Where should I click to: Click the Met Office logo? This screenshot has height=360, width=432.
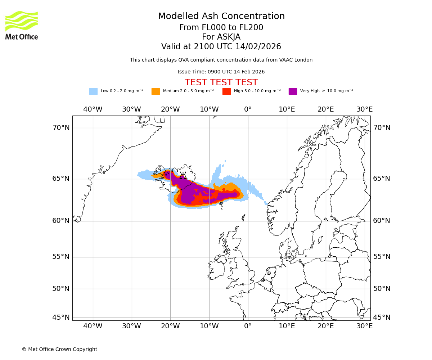22,25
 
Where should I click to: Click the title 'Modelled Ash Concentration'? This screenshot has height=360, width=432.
221,17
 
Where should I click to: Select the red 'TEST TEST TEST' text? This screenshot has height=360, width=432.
221,82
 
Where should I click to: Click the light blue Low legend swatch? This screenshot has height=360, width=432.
93,91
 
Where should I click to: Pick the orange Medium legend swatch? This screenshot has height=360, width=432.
156,91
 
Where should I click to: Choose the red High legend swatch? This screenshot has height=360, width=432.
226,91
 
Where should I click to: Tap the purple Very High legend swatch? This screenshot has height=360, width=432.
293,91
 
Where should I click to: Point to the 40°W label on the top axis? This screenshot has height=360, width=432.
93,109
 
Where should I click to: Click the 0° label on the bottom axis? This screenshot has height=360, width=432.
248,326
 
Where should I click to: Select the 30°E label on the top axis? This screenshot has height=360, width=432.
364,109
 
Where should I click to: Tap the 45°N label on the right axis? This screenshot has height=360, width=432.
382,318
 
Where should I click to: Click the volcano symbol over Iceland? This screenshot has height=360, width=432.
183,176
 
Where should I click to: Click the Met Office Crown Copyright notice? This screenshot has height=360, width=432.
59,349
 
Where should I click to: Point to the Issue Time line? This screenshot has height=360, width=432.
221,72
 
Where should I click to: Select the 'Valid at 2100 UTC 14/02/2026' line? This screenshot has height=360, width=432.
221,47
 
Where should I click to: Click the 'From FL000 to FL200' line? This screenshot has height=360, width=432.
221,28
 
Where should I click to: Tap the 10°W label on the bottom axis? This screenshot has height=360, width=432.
209,326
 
